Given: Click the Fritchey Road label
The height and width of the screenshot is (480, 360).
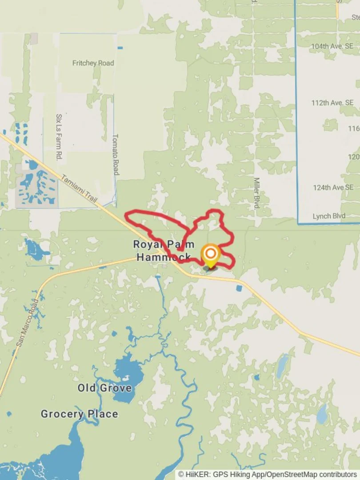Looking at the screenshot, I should tap(93, 63).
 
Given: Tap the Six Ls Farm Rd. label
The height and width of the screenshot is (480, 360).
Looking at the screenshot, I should tap(58, 137).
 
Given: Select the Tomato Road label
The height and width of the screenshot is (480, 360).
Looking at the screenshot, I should tap(115, 154).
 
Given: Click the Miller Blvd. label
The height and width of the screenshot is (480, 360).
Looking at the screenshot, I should tap(256, 193).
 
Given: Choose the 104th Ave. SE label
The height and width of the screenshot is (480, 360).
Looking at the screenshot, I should tap(332, 46).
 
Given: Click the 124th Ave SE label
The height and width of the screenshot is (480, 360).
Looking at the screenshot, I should tap(333, 188).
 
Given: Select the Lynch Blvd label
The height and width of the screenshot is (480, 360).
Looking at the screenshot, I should tap(329, 216).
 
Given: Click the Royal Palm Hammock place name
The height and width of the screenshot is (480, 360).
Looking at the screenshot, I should tap(164, 251).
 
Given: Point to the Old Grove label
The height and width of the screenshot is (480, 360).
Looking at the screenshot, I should tap(104, 388).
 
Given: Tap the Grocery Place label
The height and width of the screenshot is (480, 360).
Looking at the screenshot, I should tap(80, 414).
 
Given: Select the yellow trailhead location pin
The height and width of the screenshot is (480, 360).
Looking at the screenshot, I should tap(210, 256).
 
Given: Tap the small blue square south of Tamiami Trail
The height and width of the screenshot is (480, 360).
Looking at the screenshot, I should tap(239, 288).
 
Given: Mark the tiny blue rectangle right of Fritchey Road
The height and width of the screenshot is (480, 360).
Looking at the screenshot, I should tap(120, 48).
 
